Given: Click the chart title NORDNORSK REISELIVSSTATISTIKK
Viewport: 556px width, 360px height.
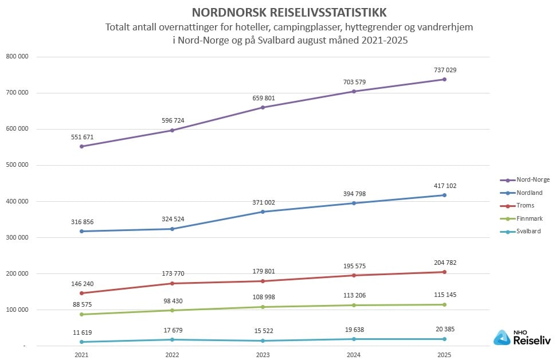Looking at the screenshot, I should tap(289, 12).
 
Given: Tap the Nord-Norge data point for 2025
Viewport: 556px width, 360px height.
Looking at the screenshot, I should tap(445, 79).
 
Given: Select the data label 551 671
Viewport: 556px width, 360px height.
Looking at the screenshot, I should tap(81, 137).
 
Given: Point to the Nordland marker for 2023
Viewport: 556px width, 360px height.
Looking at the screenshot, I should tap(263, 212).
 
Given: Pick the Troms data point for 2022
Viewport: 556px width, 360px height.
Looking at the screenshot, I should tap(172, 283).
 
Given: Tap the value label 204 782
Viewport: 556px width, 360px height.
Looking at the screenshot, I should tap(445, 263).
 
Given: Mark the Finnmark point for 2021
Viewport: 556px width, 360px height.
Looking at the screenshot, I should tap(81, 314).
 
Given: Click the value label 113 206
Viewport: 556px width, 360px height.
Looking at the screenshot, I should tap(354, 295).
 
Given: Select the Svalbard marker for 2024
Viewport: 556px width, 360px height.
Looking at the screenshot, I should tap(354, 339).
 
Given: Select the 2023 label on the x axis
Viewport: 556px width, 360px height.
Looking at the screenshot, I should tap(263, 355).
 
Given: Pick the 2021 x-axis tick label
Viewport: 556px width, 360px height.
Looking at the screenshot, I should tap(81, 355).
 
